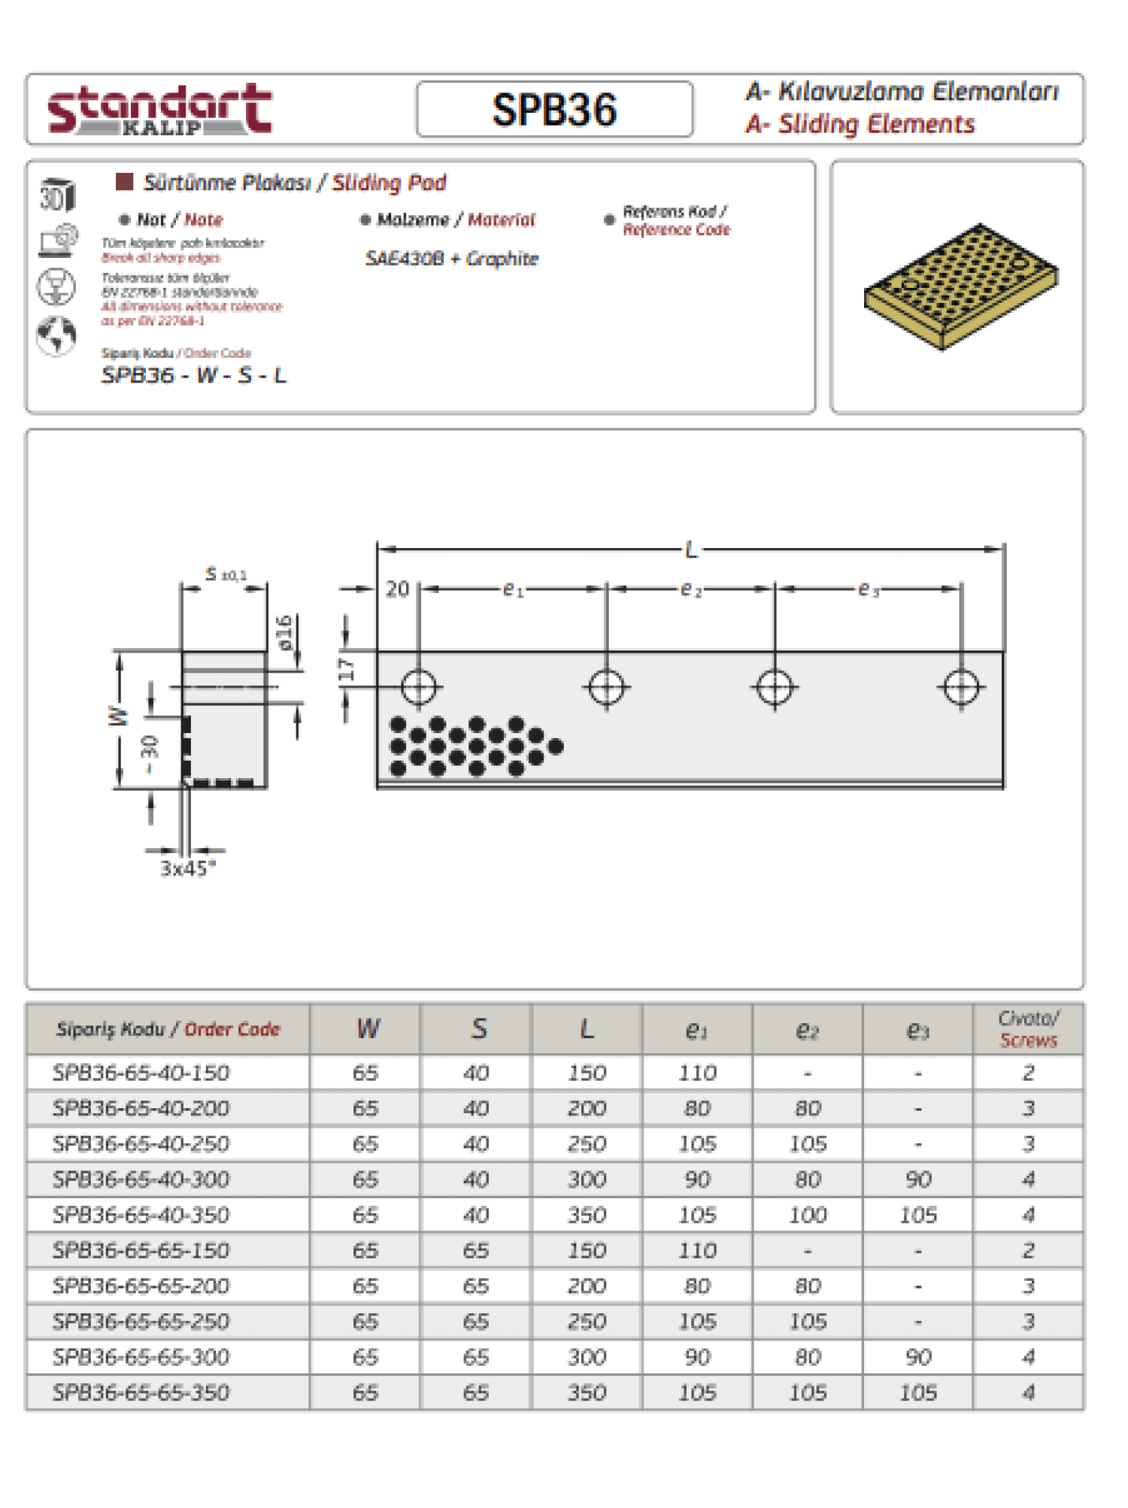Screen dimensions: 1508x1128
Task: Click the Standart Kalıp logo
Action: click(159, 110)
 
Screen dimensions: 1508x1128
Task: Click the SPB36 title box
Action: click(554, 110)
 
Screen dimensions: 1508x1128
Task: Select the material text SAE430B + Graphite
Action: click(451, 259)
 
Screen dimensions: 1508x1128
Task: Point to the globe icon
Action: click(56, 335)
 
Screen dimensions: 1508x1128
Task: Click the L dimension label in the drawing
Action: click(691, 550)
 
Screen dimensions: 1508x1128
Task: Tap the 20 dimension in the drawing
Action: click(397, 589)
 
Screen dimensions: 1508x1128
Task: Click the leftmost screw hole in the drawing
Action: click(418, 687)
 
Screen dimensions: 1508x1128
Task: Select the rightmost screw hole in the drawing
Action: click(960, 687)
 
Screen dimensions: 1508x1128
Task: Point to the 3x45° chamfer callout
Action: click(188, 868)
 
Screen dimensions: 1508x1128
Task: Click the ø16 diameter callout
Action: click(284, 632)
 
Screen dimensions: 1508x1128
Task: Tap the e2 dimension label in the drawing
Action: click(690, 589)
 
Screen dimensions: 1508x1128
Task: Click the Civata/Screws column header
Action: click(1028, 1029)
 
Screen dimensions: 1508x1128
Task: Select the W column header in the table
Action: click(368, 1028)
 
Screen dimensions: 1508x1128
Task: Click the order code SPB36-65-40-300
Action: click(141, 1179)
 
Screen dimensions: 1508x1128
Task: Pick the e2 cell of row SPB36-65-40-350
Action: click(808, 1215)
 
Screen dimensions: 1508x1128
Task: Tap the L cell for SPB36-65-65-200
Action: click(587, 1285)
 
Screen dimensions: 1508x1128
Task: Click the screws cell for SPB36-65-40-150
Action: click(1028, 1073)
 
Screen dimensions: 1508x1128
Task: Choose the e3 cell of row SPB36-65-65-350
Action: click(917, 1392)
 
